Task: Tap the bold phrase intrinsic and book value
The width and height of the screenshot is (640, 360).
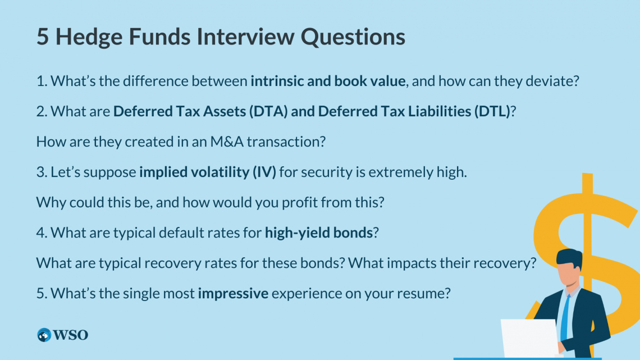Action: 328,81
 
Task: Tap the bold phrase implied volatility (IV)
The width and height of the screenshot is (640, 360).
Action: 208,172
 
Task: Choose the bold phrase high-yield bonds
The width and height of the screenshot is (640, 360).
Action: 319,233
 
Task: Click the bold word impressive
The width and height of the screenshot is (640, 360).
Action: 233,293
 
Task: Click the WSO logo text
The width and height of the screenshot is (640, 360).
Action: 71,335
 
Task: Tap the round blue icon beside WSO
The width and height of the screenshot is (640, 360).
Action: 44,335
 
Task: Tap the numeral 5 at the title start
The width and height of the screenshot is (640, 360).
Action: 43,37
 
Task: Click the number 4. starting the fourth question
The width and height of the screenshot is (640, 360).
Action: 42,233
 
